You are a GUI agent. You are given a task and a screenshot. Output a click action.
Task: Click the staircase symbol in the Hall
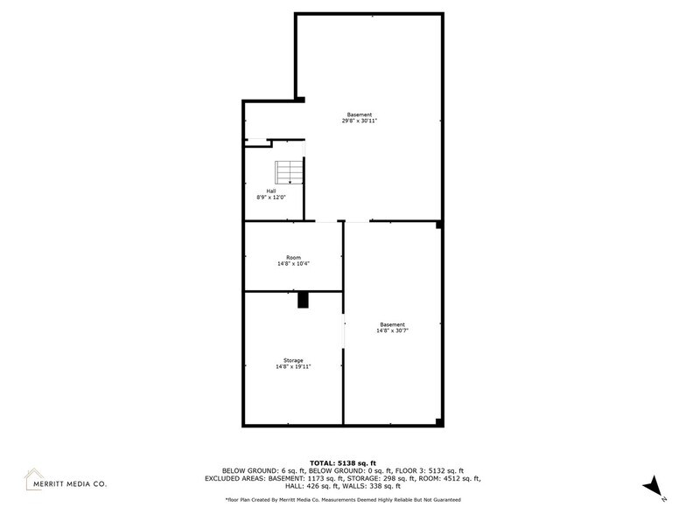tap(289, 172)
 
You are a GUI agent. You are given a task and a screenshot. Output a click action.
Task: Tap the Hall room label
tap(271, 191)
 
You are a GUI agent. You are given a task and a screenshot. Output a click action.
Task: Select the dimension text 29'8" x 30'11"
tap(359, 121)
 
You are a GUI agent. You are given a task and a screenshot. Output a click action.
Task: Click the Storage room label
tap(293, 360)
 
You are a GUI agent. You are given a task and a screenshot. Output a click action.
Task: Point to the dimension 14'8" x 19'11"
tap(293, 367)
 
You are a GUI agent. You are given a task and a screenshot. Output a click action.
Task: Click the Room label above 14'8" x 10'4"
tap(293, 257)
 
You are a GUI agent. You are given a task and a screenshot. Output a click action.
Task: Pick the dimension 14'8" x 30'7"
tap(392, 330)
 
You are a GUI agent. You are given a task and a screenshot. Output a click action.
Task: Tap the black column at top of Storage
tap(303, 300)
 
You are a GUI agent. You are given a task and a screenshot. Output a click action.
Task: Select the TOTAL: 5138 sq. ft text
tap(343, 463)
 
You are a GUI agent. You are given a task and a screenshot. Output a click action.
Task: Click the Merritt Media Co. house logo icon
tap(33, 479)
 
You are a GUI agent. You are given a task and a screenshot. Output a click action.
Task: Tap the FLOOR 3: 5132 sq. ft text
tap(430, 470)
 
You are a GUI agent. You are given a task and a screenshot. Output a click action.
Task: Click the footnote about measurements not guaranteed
tap(343, 500)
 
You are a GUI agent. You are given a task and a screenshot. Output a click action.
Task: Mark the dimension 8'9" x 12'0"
tap(271, 198)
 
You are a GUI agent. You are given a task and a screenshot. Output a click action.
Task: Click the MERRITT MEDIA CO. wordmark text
tap(70, 484)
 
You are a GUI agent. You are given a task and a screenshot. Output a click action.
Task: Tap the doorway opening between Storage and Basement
tap(343, 330)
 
